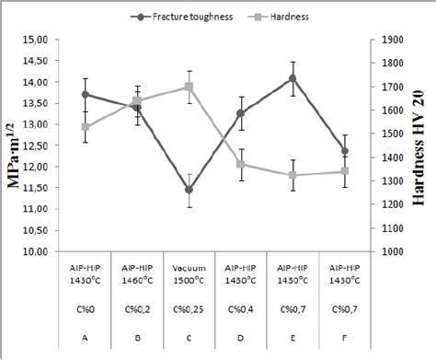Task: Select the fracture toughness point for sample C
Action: click(189, 190)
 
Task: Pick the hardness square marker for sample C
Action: click(189, 87)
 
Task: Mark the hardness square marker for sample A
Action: click(85, 127)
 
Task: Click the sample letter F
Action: click(345, 337)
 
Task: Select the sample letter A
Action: click(85, 337)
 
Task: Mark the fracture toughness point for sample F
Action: click(345, 151)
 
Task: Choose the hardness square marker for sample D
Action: click(241, 165)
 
